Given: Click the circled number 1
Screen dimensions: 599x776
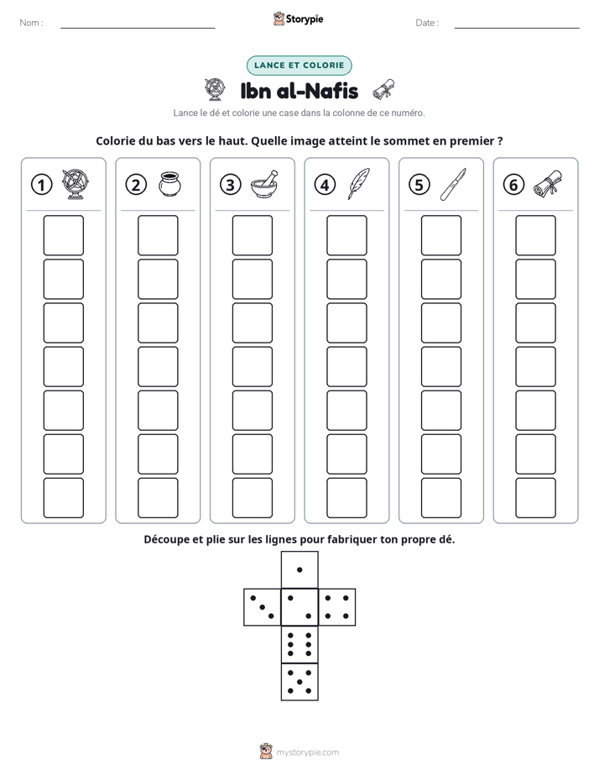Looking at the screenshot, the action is [41, 185].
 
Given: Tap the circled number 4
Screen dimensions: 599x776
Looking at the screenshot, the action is [325, 185].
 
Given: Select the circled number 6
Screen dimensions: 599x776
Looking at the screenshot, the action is [513, 185].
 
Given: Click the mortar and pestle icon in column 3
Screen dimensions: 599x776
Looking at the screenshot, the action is [264, 184].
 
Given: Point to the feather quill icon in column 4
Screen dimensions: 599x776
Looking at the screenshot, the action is [359, 184].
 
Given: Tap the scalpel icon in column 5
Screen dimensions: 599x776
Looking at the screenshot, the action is [453, 184].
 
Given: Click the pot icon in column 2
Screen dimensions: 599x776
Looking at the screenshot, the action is [170, 184].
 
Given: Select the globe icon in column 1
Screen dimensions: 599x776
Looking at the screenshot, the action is [76, 184].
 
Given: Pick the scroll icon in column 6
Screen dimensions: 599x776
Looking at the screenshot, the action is [548, 184].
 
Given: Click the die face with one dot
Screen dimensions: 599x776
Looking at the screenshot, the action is [299, 570].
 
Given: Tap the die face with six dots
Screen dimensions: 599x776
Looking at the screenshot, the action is [299, 644].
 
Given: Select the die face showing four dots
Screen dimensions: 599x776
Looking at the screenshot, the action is [337, 607].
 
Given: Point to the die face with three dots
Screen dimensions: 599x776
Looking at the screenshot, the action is [263, 607].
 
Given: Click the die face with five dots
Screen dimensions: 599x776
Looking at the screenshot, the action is [299, 682].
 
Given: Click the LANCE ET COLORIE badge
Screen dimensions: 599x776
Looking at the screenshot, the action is [299, 66].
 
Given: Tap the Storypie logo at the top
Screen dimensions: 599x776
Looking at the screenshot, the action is [298, 19].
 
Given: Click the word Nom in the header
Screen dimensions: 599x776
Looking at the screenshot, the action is [29, 23].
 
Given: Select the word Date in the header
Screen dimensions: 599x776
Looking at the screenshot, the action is [425, 23].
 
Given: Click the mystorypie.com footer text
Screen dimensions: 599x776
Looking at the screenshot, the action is [307, 752].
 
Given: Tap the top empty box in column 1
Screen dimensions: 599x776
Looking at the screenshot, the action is [63, 235].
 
